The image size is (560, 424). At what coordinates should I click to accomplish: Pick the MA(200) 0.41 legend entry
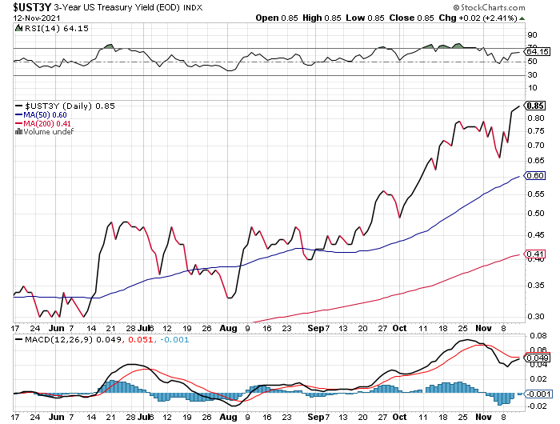coord(46,123)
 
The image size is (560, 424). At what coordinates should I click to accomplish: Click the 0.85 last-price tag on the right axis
coord(536,105)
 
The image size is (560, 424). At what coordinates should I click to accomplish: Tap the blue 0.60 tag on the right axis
coord(536,175)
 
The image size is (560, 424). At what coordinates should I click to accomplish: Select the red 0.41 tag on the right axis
coord(536,254)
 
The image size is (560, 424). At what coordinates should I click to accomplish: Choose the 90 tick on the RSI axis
coord(531,35)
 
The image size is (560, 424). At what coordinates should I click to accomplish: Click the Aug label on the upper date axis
coord(230,328)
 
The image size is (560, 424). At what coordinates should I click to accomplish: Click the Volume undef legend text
coord(49,132)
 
